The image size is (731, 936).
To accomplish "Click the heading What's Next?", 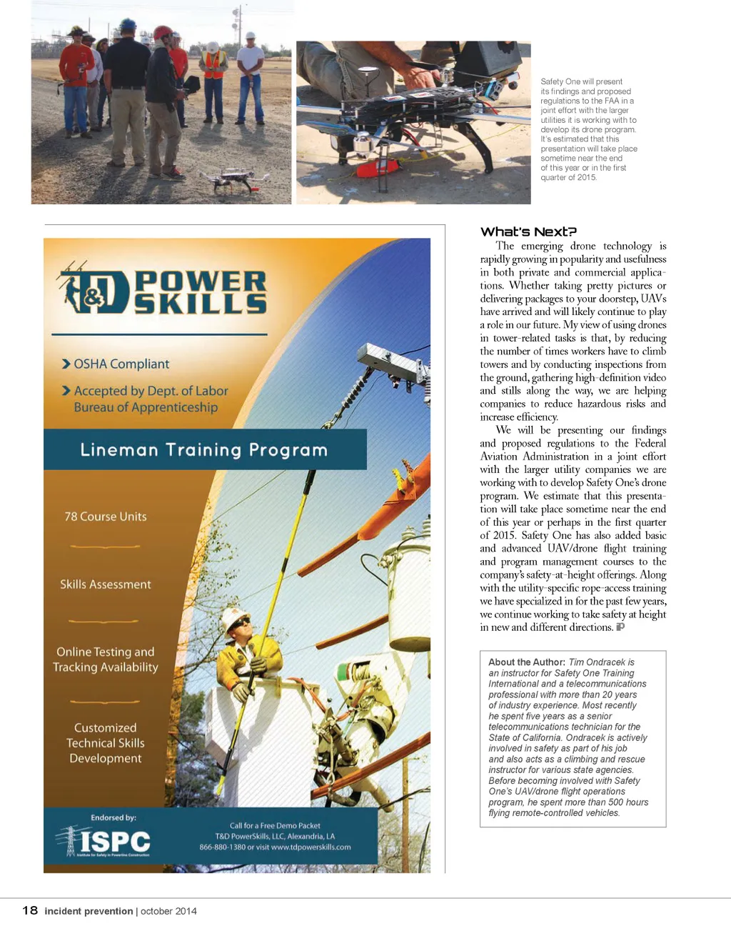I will click(528, 231).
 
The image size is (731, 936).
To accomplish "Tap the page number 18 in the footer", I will click(30, 910).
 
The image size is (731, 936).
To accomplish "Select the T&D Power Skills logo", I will click(163, 292).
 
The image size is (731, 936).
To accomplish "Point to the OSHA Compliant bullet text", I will click(121, 364).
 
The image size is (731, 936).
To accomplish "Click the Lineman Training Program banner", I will click(204, 449).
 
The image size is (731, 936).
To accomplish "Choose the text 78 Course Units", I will click(106, 517).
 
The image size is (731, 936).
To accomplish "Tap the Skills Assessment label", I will click(106, 584).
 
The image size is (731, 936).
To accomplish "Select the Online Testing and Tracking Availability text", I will click(106, 659).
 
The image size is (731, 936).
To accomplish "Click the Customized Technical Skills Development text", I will click(106, 743).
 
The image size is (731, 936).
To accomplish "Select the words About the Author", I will click(527, 662).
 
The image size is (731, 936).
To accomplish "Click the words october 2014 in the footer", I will click(168, 911).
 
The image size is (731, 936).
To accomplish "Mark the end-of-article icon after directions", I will click(620, 627).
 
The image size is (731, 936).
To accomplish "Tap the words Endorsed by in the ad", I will click(114, 817).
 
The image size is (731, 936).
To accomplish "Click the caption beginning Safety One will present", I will click(588, 129).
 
